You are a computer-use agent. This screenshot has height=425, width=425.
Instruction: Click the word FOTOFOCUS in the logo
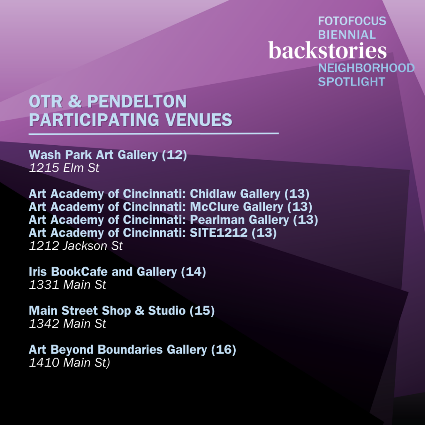tap(352, 21)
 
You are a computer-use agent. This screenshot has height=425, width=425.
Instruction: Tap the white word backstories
tap(327, 50)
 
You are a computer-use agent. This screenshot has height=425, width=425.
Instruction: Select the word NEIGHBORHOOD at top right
tap(366, 68)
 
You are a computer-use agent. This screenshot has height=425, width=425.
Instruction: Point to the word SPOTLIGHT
tap(352, 82)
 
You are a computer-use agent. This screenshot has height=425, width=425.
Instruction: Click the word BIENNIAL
tap(347, 35)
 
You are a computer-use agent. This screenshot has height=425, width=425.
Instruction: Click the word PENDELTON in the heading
tap(137, 101)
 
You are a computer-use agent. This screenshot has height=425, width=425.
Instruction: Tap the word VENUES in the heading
tap(199, 120)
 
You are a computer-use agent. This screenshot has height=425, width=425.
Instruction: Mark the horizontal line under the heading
tap(154, 134)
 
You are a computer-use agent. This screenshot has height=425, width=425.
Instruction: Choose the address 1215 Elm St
tap(64, 168)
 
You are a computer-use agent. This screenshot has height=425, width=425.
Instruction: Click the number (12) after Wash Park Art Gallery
tap(174, 155)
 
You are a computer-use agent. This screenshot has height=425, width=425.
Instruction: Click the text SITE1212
tap(219, 233)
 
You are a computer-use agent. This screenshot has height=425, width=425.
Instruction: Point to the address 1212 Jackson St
tap(76, 246)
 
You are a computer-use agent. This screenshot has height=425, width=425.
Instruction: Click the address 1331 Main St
tap(68, 285)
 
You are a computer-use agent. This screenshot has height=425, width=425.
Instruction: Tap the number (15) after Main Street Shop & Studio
tap(202, 310)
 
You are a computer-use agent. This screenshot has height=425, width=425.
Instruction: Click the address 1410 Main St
tap(69, 363)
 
